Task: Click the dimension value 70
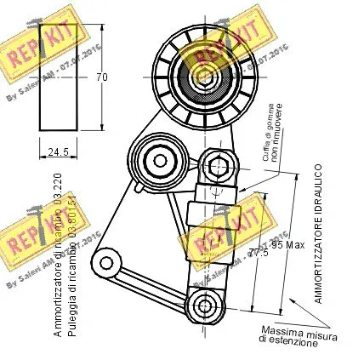pyautogui.click(x=102, y=77)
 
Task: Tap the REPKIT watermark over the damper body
pyautogui.click(x=224, y=228)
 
